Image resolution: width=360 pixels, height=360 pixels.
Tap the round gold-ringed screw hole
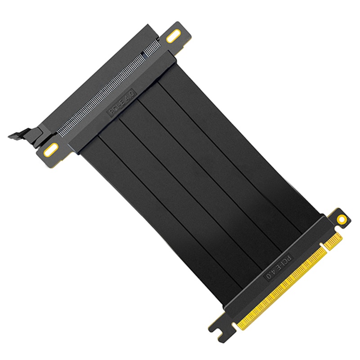pyautogui.click(x=342, y=219)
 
